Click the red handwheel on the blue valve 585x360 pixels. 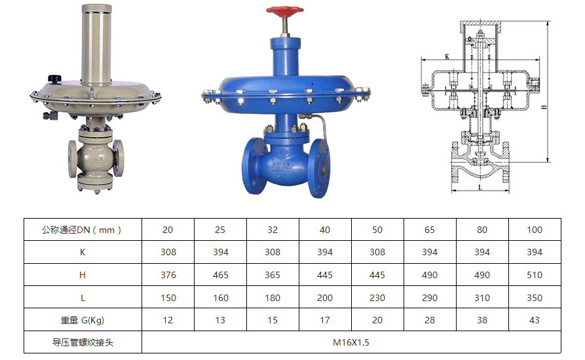(x=285, y=10)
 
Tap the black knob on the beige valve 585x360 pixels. (x=54, y=79)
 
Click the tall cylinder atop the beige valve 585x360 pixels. (x=97, y=45)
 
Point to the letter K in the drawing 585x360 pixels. (x=447, y=57)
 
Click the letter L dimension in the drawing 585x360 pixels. (x=480, y=187)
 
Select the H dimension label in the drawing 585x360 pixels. (x=544, y=107)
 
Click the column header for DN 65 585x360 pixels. (x=430, y=230)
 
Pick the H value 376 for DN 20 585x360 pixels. (x=168, y=275)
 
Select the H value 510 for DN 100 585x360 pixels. (x=535, y=275)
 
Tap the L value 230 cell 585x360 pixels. (x=377, y=298)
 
